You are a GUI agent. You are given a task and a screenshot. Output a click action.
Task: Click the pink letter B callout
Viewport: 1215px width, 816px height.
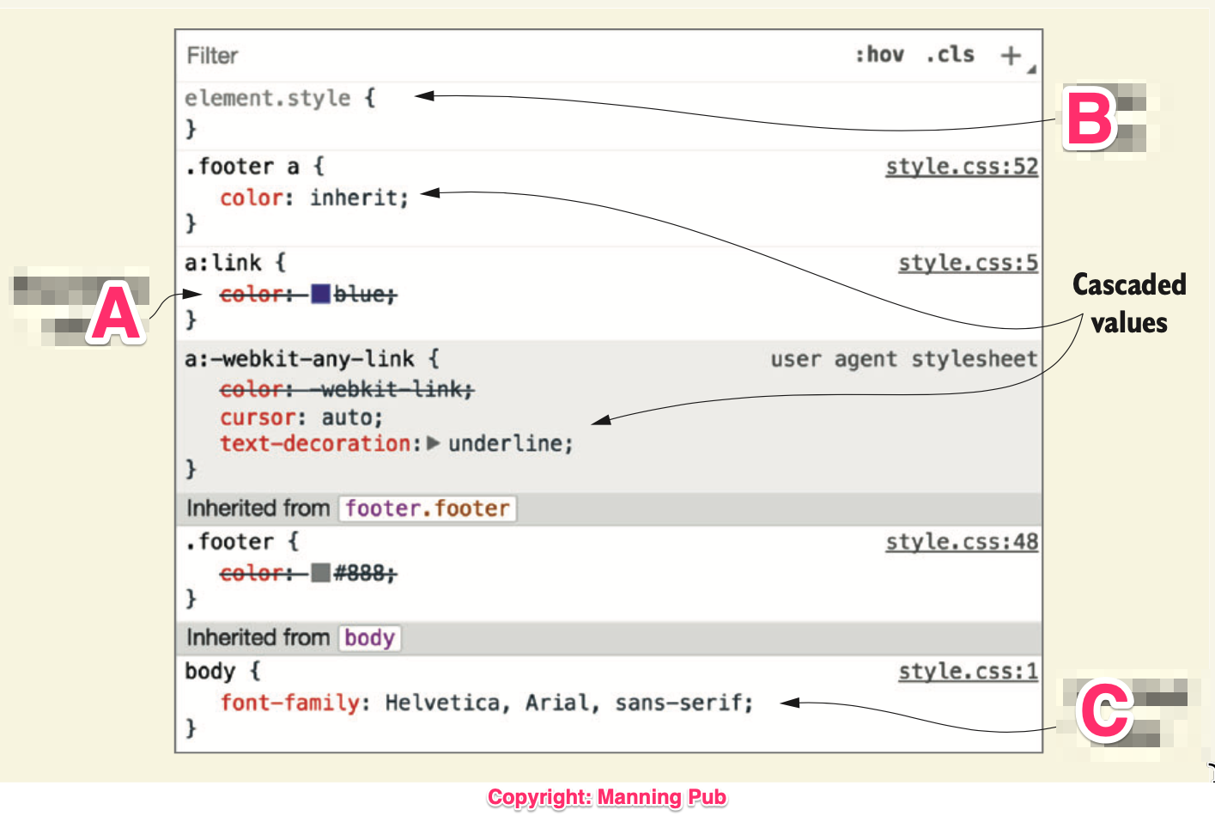coord(1090,118)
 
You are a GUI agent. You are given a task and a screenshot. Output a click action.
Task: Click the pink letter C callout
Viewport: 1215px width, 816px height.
coord(1105,710)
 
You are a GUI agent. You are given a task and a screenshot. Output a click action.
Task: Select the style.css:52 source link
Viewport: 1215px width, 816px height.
coord(962,167)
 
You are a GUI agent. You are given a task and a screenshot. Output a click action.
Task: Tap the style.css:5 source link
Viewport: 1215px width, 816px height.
coord(968,263)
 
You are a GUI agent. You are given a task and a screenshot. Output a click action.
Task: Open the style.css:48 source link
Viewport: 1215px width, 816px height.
coord(962,542)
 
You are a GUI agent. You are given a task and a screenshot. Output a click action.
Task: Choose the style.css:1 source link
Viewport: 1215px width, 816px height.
coord(968,672)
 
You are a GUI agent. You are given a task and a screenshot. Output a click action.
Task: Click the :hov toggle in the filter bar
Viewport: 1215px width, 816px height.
coord(879,55)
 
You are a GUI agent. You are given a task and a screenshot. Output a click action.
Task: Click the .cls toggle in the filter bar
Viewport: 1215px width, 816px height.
coord(950,55)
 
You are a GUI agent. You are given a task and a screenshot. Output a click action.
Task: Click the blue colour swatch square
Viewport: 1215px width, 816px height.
coord(320,295)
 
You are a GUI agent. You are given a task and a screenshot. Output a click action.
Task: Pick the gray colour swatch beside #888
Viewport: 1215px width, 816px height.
coord(320,573)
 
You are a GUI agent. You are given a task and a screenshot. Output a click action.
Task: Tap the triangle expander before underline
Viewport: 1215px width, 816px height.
coord(433,443)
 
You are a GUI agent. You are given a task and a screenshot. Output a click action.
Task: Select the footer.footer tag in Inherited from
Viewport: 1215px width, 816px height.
coord(427,508)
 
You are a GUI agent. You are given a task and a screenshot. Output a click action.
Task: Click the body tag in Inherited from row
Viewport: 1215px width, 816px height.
coord(369,638)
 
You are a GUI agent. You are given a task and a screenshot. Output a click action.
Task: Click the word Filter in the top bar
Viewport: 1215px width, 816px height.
coord(212,56)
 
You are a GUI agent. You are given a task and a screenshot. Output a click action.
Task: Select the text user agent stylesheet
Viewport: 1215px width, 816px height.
coord(903,359)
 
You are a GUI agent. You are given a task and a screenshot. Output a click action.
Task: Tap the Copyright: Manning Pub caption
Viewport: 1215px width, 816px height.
coord(607,797)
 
